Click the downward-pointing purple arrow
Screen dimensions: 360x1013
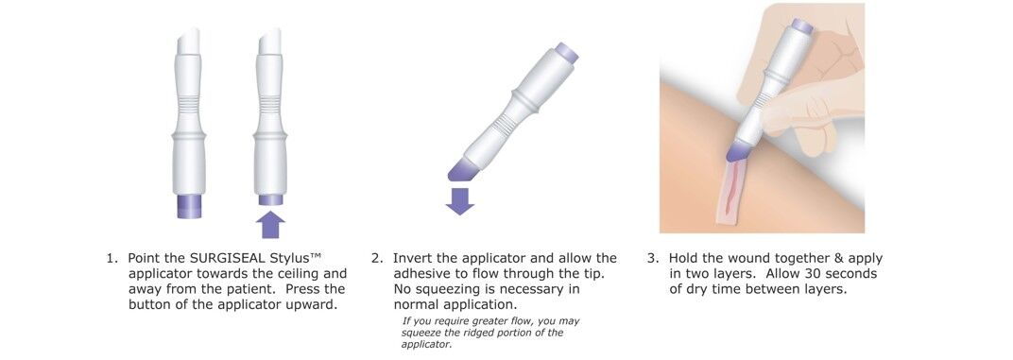coord(460,200)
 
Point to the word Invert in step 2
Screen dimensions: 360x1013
coord(413,258)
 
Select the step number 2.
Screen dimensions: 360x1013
coord(376,258)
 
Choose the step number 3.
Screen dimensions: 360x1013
coord(652,258)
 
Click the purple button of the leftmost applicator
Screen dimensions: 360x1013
coord(188,205)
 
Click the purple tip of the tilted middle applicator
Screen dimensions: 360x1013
coord(461,169)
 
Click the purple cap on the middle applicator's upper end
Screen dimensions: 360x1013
coord(566,51)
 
